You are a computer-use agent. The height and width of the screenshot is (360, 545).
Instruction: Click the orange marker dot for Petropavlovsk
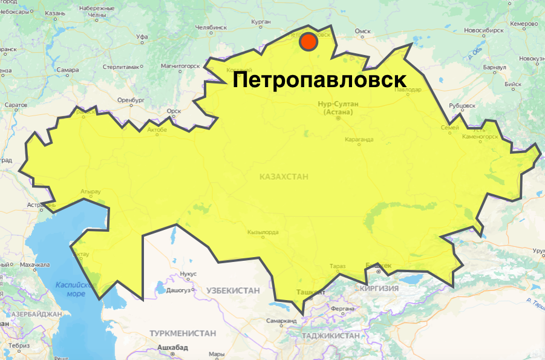[x=308, y=42]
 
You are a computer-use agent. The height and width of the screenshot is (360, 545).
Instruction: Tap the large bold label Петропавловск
[x=319, y=80]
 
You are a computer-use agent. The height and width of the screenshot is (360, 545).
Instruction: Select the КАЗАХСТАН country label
[x=284, y=177]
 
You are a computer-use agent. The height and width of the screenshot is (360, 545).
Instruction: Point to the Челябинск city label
[x=211, y=27]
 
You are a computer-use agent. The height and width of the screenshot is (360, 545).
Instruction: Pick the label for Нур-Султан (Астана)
[x=338, y=108]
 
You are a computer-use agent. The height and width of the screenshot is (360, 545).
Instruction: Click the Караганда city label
[x=360, y=140]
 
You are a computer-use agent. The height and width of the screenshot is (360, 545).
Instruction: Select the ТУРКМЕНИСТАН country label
[x=183, y=333]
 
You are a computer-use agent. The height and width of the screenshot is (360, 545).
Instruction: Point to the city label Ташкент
[x=310, y=292]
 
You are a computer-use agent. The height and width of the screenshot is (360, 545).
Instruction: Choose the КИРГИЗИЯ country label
[x=379, y=289]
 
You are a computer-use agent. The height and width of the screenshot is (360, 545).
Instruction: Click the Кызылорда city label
[x=263, y=232]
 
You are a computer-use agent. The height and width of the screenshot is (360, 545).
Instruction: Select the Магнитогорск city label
[x=180, y=65]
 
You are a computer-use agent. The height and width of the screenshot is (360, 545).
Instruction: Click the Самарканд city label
[x=282, y=321]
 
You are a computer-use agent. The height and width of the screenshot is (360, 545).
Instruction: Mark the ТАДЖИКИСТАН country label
[x=330, y=335]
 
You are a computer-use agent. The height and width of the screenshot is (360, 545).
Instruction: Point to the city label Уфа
[x=143, y=37]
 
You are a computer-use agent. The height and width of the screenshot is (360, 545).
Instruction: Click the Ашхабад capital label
[x=173, y=347]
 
